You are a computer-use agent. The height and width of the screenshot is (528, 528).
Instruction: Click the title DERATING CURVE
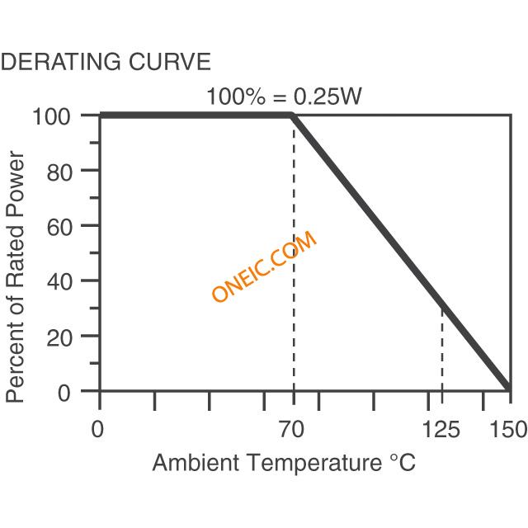(106, 62)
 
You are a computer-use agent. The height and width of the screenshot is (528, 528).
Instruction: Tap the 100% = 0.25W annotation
(284, 97)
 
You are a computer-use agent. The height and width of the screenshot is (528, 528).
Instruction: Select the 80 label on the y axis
(65, 171)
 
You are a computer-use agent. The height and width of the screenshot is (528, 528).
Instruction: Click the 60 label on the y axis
(65, 225)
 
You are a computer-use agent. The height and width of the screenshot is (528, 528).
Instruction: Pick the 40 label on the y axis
(65, 280)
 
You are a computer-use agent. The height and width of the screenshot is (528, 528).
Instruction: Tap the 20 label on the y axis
(65, 336)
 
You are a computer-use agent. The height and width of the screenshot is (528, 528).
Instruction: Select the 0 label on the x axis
(98, 430)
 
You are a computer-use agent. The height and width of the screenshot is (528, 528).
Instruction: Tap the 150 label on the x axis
(507, 430)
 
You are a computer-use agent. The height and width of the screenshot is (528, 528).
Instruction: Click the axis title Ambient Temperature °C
(284, 463)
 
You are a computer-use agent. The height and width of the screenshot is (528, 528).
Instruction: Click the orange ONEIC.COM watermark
(264, 267)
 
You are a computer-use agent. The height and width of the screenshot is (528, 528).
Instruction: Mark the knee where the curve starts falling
(294, 115)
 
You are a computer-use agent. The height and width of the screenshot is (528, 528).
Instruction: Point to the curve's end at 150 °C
(509, 389)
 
